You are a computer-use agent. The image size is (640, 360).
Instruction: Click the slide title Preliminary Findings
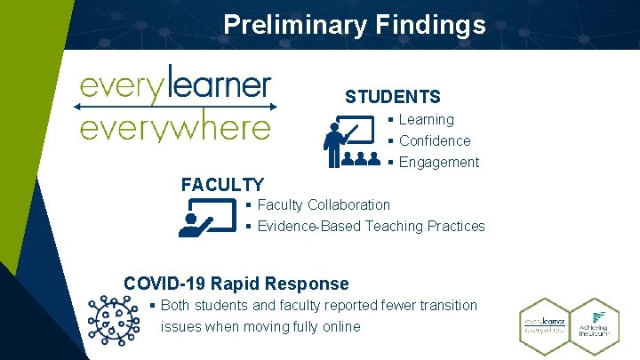[355, 24]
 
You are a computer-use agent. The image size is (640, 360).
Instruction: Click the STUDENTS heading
[392, 96]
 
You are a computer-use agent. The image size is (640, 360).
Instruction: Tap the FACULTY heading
[222, 185]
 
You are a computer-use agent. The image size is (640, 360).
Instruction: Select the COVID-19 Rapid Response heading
[236, 284]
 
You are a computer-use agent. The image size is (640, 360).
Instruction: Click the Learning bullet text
[426, 119]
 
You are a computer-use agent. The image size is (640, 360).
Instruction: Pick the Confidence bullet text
[435, 140]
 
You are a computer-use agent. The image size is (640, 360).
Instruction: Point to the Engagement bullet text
[439, 162]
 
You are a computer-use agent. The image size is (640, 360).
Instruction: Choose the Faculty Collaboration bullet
[324, 204]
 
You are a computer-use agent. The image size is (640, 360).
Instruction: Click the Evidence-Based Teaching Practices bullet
[371, 226]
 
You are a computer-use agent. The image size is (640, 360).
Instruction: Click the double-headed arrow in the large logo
[175, 106]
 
